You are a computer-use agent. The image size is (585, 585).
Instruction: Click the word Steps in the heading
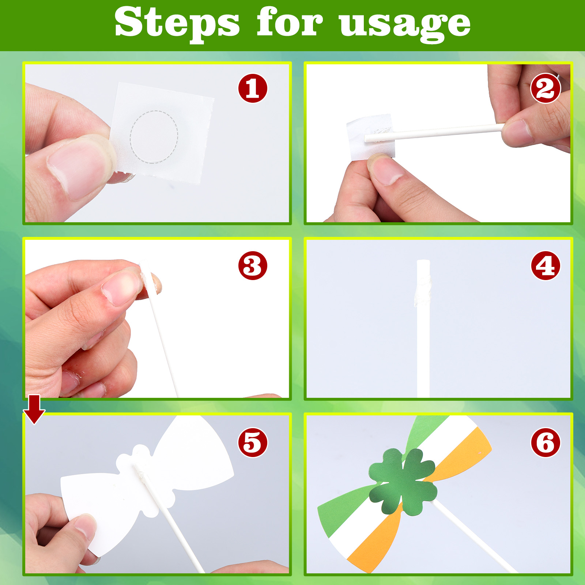tap(177, 23)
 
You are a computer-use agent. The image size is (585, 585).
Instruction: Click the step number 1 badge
tap(253, 88)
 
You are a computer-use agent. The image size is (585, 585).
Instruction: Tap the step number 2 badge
tap(546, 88)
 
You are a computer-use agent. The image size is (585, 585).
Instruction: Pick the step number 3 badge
tap(253, 265)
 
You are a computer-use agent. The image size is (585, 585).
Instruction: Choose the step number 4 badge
tap(546, 265)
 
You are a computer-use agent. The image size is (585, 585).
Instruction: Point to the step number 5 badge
tap(253, 442)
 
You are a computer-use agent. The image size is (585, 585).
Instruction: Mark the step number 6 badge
tap(546, 442)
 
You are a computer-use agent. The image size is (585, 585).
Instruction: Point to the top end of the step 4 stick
tap(423, 260)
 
